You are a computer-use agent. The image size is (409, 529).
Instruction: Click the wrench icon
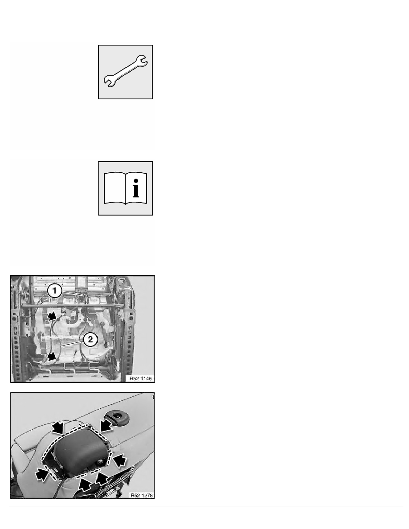pos(126,72)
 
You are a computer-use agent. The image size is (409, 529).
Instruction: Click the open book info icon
pos(125,188)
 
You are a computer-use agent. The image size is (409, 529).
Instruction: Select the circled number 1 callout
pos(54,292)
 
